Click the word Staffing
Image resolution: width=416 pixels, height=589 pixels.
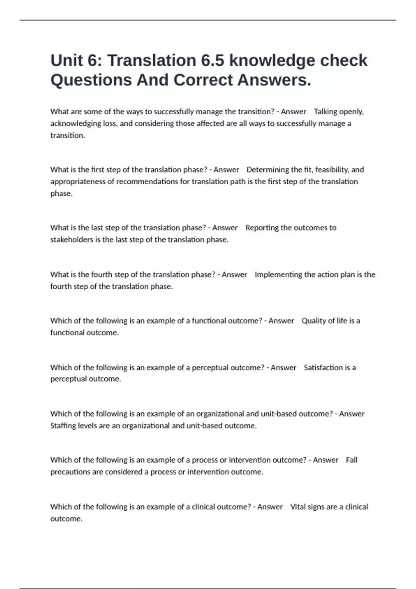coord(63,426)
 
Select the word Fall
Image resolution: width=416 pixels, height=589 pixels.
coord(352,460)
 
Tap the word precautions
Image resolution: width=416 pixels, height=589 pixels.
coord(70,472)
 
